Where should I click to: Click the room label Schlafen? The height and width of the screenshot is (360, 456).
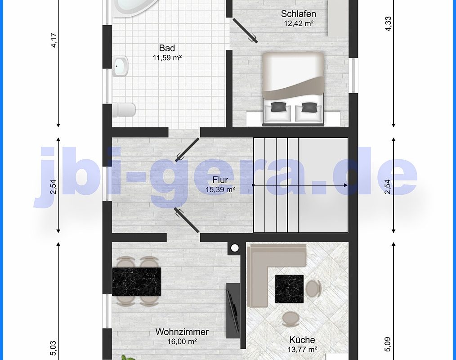click(x=298, y=14)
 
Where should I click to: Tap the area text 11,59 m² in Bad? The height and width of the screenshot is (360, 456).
click(x=167, y=58)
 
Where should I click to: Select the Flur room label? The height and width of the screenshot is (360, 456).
click(x=220, y=180)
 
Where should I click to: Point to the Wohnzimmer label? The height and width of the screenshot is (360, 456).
click(x=182, y=332)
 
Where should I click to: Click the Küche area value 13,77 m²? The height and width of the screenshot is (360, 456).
click(x=302, y=349)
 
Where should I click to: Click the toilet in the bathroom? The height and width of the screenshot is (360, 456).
click(x=124, y=110)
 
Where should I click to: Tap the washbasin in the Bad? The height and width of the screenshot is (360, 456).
click(x=120, y=66)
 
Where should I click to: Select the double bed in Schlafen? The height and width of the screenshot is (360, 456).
click(x=293, y=89)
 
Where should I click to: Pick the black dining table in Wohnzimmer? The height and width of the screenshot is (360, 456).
click(x=136, y=281)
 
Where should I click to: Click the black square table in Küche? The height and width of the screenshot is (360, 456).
click(x=289, y=289)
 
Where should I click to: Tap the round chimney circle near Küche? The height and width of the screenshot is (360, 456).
click(x=235, y=248)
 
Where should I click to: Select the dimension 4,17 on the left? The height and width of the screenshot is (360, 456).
click(x=54, y=40)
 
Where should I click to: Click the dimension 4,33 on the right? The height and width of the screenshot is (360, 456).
click(x=388, y=24)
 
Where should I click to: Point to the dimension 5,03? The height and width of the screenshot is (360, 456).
click(x=54, y=348)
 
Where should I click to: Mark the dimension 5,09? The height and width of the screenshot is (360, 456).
click(x=388, y=344)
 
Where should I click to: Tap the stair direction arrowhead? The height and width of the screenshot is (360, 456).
click(x=345, y=185)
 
